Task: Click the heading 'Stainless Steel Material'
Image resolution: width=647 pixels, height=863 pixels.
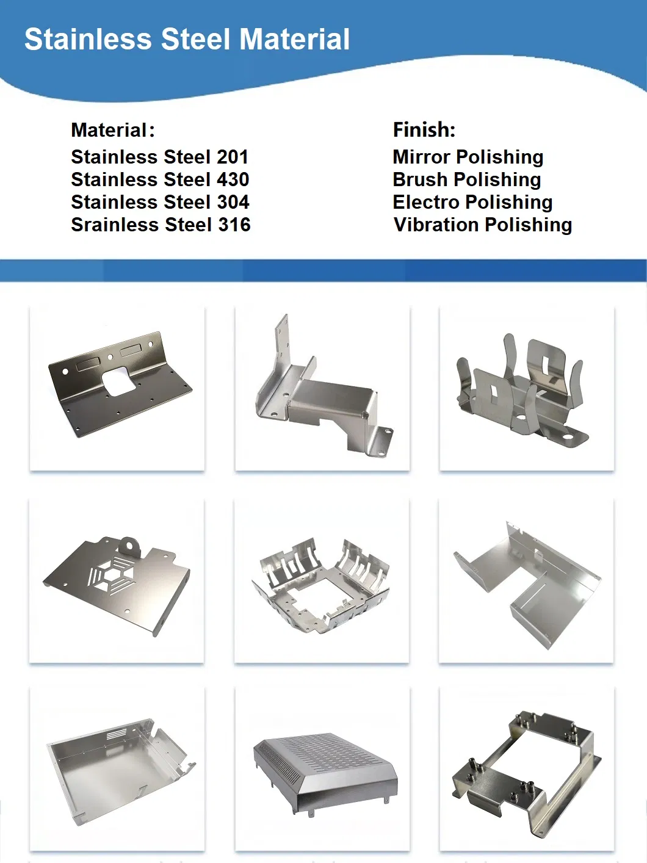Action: [187, 40]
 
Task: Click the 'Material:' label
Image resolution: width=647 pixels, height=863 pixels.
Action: [112, 130]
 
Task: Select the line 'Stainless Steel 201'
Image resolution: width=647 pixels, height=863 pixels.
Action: [159, 157]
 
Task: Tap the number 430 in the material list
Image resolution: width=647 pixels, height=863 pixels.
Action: [233, 179]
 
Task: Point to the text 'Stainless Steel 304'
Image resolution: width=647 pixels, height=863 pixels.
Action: [160, 202]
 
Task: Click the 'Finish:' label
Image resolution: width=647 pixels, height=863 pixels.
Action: [424, 130]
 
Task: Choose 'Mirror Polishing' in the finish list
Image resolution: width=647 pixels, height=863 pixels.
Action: [468, 157]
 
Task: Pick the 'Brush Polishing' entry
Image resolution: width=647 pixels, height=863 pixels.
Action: [466, 179]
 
